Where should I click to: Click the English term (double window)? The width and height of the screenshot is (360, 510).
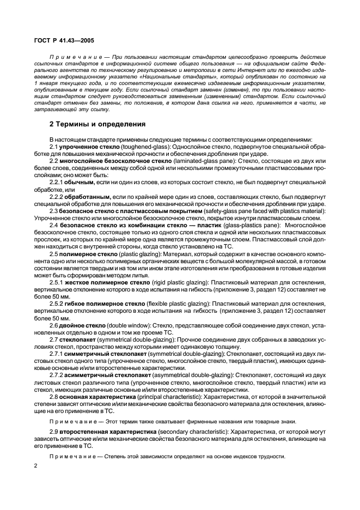pos(126,324)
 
